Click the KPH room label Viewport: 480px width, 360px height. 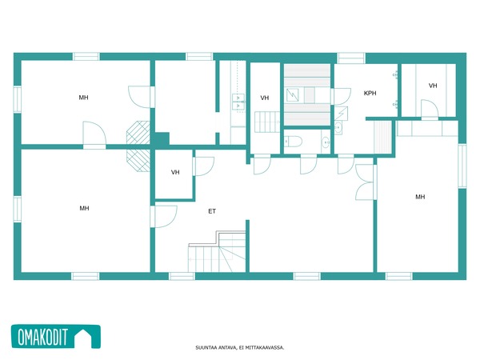[370, 93]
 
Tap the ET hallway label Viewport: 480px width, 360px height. [212, 211]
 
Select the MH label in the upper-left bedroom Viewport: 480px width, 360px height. [83, 98]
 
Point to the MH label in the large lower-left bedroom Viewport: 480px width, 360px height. [84, 208]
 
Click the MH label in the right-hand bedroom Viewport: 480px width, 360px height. [420, 197]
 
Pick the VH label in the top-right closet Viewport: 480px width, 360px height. [433, 86]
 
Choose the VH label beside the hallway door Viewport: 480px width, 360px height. [175, 172]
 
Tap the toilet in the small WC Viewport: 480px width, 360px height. [294, 142]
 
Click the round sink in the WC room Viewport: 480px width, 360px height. [326, 142]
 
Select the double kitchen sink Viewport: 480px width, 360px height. [238, 102]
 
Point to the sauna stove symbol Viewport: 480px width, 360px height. [292, 95]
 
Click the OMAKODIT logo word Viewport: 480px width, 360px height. [42, 337]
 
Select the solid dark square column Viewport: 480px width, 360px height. [162, 139]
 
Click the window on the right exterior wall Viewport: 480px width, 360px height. [462, 166]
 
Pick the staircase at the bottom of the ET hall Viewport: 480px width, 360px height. [217, 252]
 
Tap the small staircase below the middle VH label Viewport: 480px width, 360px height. [267, 122]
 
